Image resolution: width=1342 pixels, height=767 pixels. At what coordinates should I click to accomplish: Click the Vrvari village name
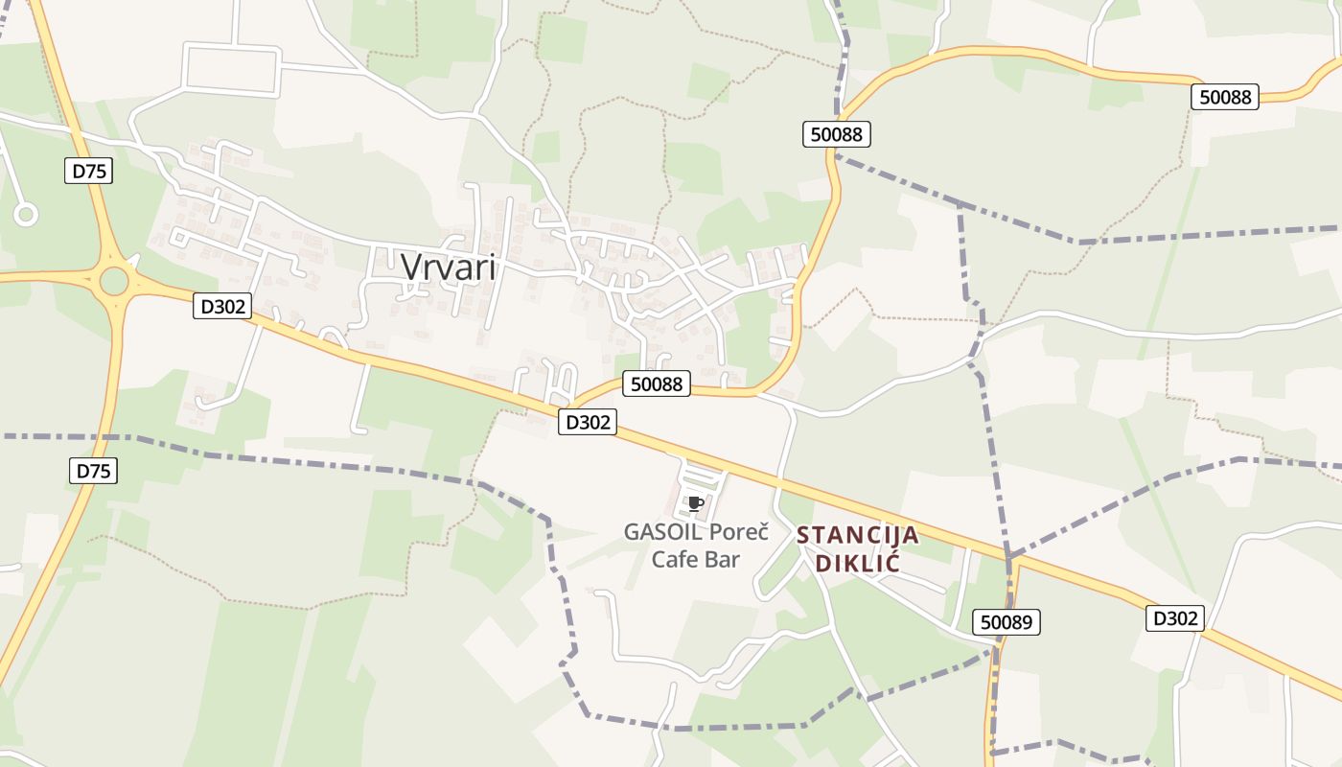tap(449, 267)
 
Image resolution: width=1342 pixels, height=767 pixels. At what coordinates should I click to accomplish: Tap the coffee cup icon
tap(696, 502)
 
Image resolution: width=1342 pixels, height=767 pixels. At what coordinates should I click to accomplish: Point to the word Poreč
tap(743, 531)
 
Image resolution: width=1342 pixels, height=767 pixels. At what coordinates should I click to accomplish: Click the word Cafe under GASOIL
tap(676, 559)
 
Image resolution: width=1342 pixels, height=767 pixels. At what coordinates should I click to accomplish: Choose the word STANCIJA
tap(858, 535)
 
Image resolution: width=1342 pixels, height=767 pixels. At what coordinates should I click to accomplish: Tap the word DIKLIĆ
tap(858, 562)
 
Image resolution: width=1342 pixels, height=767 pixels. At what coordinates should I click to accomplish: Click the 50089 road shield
tap(1006, 622)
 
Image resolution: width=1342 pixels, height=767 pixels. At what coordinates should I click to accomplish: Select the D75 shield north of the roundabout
tap(89, 172)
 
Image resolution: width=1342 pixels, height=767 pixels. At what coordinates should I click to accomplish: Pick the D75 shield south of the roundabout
tap(94, 471)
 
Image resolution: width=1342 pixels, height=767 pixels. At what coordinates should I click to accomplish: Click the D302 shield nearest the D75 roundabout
tap(222, 307)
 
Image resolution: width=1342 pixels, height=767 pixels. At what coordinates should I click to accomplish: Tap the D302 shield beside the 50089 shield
tap(1175, 618)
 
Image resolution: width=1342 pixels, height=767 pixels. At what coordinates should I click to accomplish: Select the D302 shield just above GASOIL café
tap(587, 422)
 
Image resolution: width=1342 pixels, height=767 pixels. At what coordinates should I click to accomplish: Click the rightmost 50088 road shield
tap(1224, 97)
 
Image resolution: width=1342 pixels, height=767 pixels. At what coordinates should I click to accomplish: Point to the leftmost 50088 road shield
tap(657, 384)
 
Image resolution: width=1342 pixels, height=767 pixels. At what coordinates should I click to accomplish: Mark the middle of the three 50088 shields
tap(836, 134)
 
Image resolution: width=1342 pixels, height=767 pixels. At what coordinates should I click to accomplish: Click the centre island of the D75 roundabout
tap(113, 281)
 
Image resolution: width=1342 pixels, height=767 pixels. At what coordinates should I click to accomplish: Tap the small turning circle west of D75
tap(25, 215)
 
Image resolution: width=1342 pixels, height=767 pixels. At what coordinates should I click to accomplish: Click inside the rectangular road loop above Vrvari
tap(232, 69)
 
